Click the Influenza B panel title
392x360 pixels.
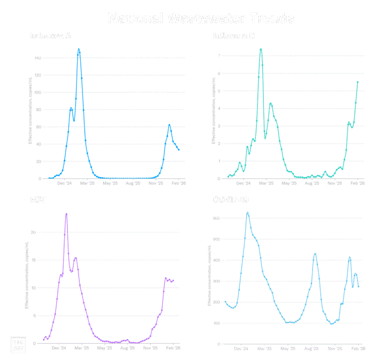coord(234,36)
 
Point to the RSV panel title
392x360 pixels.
coord(38,200)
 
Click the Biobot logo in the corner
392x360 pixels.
coord(18,345)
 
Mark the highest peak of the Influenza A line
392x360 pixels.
coord(79,49)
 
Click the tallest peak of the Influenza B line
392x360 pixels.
coord(261,49)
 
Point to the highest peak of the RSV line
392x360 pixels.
coord(66,214)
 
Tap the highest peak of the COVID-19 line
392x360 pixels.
coord(248,212)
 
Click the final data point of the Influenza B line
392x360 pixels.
coord(358,82)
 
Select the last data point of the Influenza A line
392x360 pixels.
coord(179,150)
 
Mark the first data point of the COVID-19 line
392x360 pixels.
coord(225,301)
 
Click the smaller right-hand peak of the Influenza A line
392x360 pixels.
coord(169,125)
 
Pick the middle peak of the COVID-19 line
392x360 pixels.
coord(315,254)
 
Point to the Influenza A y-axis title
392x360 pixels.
coord(30,110)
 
